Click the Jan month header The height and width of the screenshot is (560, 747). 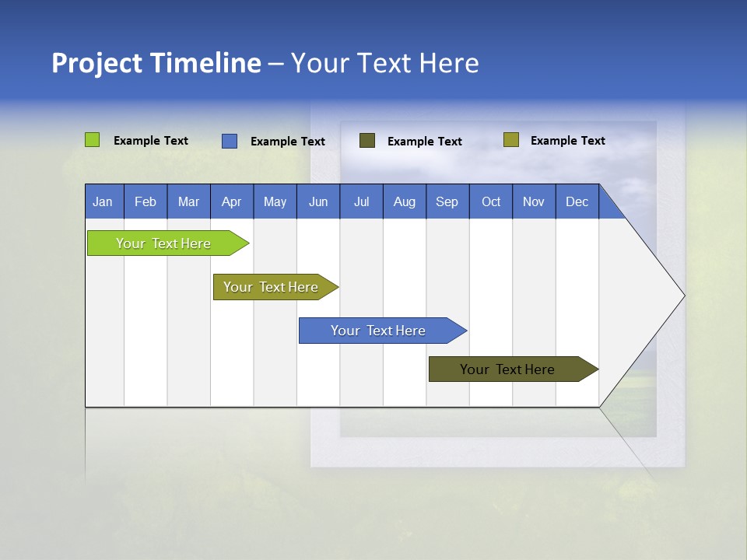point(103,201)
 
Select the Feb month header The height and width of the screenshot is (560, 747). point(146,201)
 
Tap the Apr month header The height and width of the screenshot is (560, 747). point(232,201)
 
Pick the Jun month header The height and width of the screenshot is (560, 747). point(318,201)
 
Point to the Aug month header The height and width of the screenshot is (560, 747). point(405,201)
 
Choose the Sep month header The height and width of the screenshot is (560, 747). point(447,201)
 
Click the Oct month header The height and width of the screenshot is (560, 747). point(491,201)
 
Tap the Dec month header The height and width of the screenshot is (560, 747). point(577,201)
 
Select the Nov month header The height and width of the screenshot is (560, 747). point(534,201)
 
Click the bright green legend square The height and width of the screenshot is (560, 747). point(93,140)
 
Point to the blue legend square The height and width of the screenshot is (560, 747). point(230,141)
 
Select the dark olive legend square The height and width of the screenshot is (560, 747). point(367,141)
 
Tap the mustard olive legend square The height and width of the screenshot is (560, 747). point(511,140)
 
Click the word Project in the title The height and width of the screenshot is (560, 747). point(96,64)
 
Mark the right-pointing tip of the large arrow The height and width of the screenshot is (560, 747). point(683,296)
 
